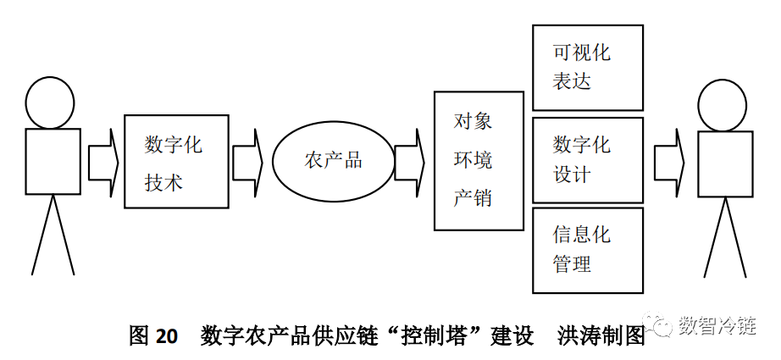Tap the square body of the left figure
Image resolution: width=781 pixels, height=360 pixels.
click(x=53, y=162)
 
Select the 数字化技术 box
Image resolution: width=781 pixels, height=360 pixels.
click(x=176, y=161)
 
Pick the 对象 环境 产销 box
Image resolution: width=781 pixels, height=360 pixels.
click(x=479, y=161)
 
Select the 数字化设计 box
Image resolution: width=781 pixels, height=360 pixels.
click(x=587, y=159)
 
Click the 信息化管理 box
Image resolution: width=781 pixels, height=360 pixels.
click(x=587, y=250)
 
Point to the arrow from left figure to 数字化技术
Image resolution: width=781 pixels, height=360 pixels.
click(x=102, y=162)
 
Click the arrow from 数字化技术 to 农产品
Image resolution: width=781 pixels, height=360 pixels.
click(x=247, y=162)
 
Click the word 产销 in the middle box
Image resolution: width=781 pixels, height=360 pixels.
click(x=473, y=198)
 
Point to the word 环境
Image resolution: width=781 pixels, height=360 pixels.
click(x=473, y=160)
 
